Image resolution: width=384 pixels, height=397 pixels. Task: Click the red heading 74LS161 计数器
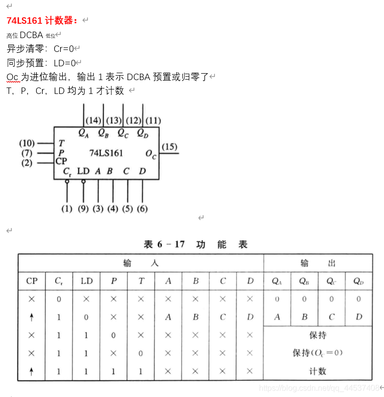(43, 21)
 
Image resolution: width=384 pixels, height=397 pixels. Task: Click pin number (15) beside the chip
(170, 147)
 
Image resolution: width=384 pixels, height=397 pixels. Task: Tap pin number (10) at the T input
(27, 143)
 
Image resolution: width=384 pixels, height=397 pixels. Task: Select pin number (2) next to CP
(27, 162)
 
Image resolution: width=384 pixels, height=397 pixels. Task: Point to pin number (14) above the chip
(93, 120)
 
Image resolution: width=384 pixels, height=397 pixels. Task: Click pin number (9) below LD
(83, 209)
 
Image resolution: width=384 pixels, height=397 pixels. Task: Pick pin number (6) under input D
(142, 209)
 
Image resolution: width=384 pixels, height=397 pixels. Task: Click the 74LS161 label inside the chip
(106, 153)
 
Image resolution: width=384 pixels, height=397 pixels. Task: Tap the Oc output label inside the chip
(151, 154)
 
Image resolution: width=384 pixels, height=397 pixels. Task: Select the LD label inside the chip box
(83, 171)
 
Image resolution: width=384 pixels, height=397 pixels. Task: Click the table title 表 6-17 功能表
(195, 244)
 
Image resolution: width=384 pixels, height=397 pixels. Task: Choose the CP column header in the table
(32, 281)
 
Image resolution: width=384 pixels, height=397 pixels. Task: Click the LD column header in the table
(86, 281)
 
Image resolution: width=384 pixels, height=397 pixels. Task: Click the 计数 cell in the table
(318, 371)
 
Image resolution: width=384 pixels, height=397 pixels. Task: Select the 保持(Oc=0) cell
(318, 353)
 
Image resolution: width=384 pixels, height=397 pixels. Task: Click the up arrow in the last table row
(32, 372)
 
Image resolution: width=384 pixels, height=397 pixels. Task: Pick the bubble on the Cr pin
(67, 181)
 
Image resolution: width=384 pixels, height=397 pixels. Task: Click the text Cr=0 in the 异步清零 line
(64, 48)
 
